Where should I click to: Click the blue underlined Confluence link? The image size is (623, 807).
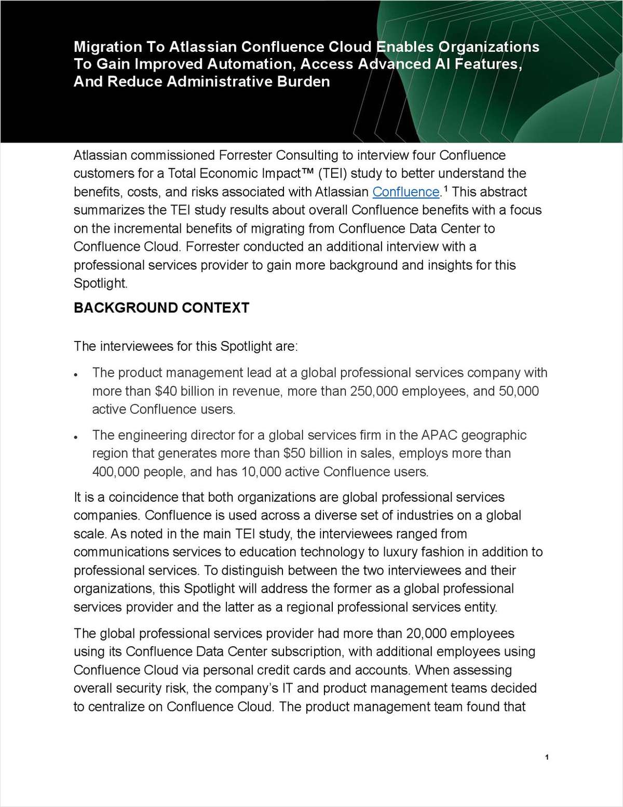[406, 192]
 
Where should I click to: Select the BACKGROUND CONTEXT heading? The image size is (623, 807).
[161, 308]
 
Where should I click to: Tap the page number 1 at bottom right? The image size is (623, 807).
[547, 758]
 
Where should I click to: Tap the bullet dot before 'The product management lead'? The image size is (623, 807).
[76, 374]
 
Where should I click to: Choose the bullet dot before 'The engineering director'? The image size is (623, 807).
[76, 436]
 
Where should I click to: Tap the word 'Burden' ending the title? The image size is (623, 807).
[306, 81]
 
